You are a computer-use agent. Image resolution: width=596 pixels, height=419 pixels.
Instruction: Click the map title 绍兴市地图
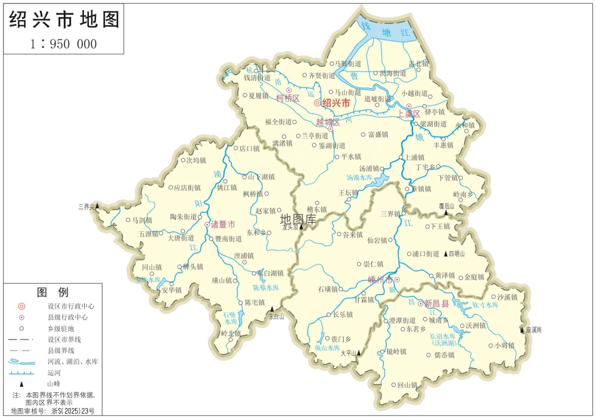point(64,20)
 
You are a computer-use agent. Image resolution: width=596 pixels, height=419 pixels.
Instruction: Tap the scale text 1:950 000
point(63,44)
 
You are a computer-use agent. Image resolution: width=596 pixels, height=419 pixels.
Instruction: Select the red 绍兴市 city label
point(336,103)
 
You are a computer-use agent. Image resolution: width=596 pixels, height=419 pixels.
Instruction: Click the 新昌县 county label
point(437,303)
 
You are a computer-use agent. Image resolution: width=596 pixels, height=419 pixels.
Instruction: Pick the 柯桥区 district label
point(287,98)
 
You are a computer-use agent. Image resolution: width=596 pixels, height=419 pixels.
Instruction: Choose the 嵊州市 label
point(381,280)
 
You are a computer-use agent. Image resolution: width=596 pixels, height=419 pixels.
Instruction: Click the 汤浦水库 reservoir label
point(359,178)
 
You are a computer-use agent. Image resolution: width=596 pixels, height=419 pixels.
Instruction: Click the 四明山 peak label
point(460,254)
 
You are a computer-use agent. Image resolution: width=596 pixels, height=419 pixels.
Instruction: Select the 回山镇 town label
point(407,385)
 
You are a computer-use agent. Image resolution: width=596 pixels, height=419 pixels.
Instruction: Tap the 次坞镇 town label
point(195,160)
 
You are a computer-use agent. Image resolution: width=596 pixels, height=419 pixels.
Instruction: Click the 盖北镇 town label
point(418,63)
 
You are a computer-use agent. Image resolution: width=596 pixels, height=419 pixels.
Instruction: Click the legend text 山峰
point(54,384)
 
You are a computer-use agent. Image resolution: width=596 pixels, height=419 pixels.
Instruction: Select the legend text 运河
point(54,373)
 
